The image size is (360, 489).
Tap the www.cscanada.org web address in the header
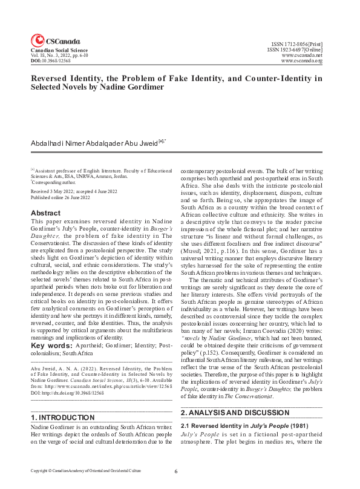point(302,61)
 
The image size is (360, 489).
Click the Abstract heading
point(45,213)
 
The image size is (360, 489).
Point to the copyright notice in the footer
point(87,470)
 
